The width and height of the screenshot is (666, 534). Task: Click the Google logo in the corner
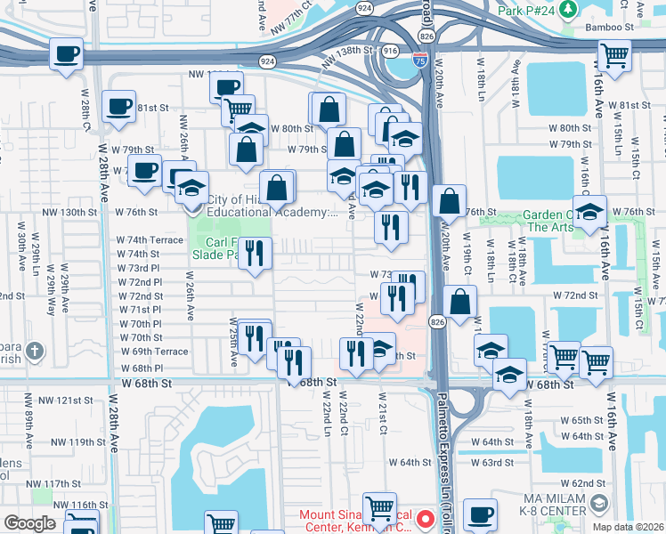click(x=30, y=523)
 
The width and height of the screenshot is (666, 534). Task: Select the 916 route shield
click(x=390, y=52)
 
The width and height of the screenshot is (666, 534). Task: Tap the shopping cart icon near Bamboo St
click(x=615, y=55)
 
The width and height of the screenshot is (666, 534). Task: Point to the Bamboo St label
click(x=615, y=28)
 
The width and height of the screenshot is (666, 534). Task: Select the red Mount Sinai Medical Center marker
click(x=425, y=517)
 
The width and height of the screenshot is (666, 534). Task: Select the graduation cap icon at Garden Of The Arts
click(x=589, y=212)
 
